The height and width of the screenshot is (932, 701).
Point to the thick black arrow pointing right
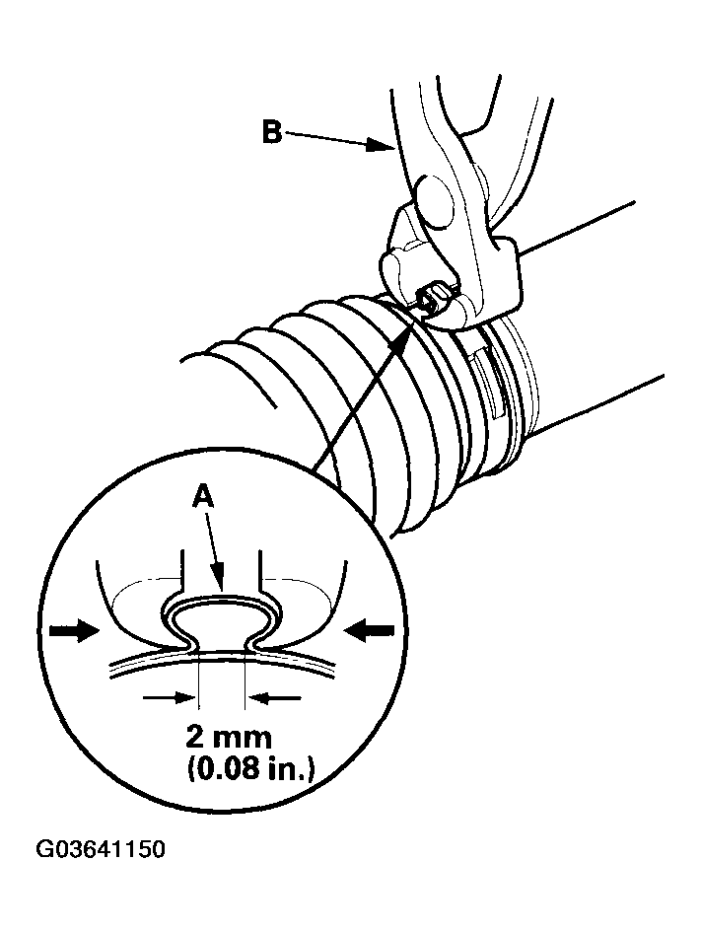click(74, 629)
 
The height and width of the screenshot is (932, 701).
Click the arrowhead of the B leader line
click(386, 148)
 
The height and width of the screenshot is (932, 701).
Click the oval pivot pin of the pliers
click(433, 194)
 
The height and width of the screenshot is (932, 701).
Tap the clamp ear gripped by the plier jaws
click(431, 296)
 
